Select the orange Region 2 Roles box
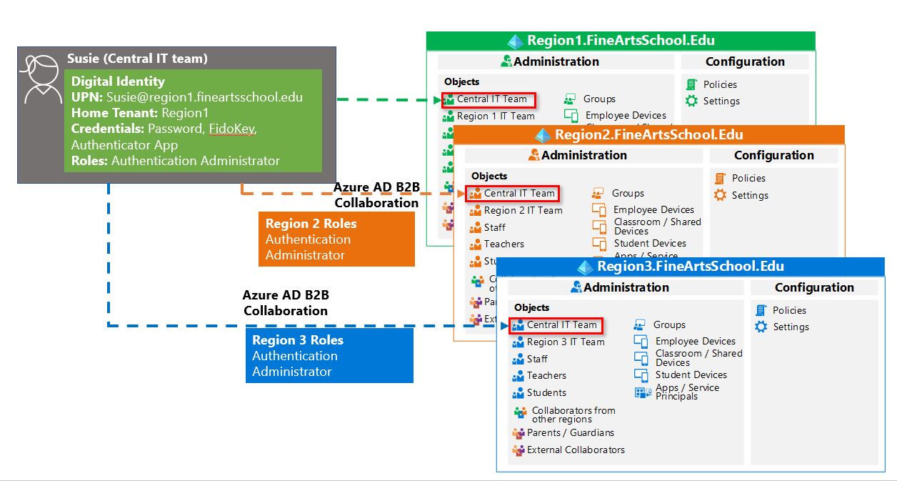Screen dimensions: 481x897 click(336, 239)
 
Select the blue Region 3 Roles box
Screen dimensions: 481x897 click(329, 356)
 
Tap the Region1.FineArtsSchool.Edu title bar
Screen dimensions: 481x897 click(620, 41)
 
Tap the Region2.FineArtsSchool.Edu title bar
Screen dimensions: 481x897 click(648, 134)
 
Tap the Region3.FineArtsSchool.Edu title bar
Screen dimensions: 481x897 click(691, 267)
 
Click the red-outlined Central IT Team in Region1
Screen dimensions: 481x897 click(488, 99)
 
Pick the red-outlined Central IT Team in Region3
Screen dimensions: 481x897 click(556, 325)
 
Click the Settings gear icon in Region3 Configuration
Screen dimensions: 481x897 click(761, 327)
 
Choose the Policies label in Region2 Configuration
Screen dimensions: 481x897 click(748, 178)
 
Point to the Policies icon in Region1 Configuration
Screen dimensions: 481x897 click(691, 84)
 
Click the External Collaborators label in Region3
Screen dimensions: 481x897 click(576, 450)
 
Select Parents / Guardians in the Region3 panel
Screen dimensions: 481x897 click(570, 432)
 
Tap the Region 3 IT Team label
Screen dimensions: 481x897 click(566, 342)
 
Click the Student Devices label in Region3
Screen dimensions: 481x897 click(691, 375)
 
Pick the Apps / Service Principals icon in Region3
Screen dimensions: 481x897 click(641, 392)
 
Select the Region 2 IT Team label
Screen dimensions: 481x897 click(523, 210)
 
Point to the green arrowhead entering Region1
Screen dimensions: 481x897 click(437, 99)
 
